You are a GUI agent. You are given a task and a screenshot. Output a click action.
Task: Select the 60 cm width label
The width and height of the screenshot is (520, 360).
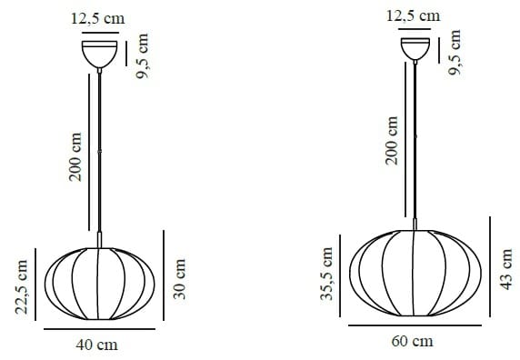(x=413, y=342)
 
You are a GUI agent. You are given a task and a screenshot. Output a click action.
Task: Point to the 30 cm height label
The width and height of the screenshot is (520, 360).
(x=179, y=278)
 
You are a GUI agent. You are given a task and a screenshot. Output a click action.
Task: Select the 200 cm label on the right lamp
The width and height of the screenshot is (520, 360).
(x=393, y=140)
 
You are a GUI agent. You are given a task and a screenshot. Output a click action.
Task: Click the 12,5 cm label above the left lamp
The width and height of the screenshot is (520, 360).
(x=98, y=17)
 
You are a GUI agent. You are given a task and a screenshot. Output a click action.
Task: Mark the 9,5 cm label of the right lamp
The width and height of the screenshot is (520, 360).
(x=456, y=54)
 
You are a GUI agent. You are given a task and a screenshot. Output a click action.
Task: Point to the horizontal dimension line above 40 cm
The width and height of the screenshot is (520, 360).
(x=98, y=330)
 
